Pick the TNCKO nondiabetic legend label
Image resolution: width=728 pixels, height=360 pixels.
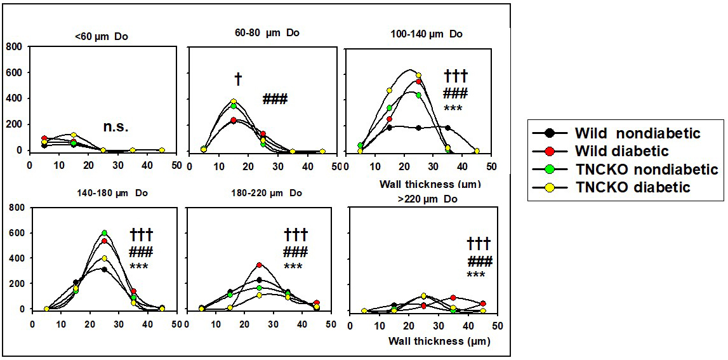pos(646,170)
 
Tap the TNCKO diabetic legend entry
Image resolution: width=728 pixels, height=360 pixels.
pos(632,187)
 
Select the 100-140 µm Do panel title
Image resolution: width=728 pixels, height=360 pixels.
pos(421,34)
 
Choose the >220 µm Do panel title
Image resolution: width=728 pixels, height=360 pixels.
pos(420,199)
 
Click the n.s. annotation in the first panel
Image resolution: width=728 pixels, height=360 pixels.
pos(116,126)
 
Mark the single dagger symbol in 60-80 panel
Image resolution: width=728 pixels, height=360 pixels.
pos(238,79)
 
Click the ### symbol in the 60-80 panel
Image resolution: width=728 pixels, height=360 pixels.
pos(275,99)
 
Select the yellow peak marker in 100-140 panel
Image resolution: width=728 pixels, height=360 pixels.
pos(418,76)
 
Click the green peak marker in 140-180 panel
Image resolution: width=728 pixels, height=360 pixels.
pos(104,233)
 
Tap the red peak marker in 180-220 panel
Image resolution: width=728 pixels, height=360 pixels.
pos(259,265)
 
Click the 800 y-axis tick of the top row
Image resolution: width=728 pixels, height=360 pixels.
pos(14,47)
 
